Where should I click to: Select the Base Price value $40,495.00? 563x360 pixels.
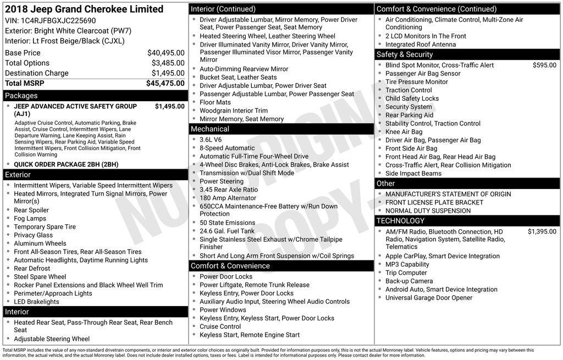click(165, 53)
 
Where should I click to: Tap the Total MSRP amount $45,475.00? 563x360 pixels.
click(165, 84)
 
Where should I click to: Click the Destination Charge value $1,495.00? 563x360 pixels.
click(165, 73)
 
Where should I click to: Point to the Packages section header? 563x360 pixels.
click(21, 96)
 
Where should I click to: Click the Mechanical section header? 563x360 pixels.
click(209, 129)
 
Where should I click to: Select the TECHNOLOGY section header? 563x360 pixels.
click(400, 221)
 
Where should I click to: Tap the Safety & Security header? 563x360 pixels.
click(404, 54)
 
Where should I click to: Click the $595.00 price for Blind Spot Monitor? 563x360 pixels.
click(544, 65)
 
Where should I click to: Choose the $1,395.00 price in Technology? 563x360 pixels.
click(542, 232)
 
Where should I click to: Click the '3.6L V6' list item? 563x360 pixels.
click(211, 140)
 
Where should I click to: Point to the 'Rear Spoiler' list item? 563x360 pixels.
click(31, 211)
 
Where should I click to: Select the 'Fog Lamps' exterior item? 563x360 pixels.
click(30, 219)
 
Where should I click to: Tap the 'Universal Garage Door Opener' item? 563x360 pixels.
click(429, 298)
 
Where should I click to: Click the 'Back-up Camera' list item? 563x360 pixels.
click(409, 281)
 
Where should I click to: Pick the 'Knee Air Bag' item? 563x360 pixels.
click(404, 132)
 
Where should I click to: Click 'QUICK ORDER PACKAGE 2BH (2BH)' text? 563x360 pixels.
click(66, 164)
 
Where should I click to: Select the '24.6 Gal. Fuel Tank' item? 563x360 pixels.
click(227, 231)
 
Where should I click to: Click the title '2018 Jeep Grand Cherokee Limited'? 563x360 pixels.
click(84, 9)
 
